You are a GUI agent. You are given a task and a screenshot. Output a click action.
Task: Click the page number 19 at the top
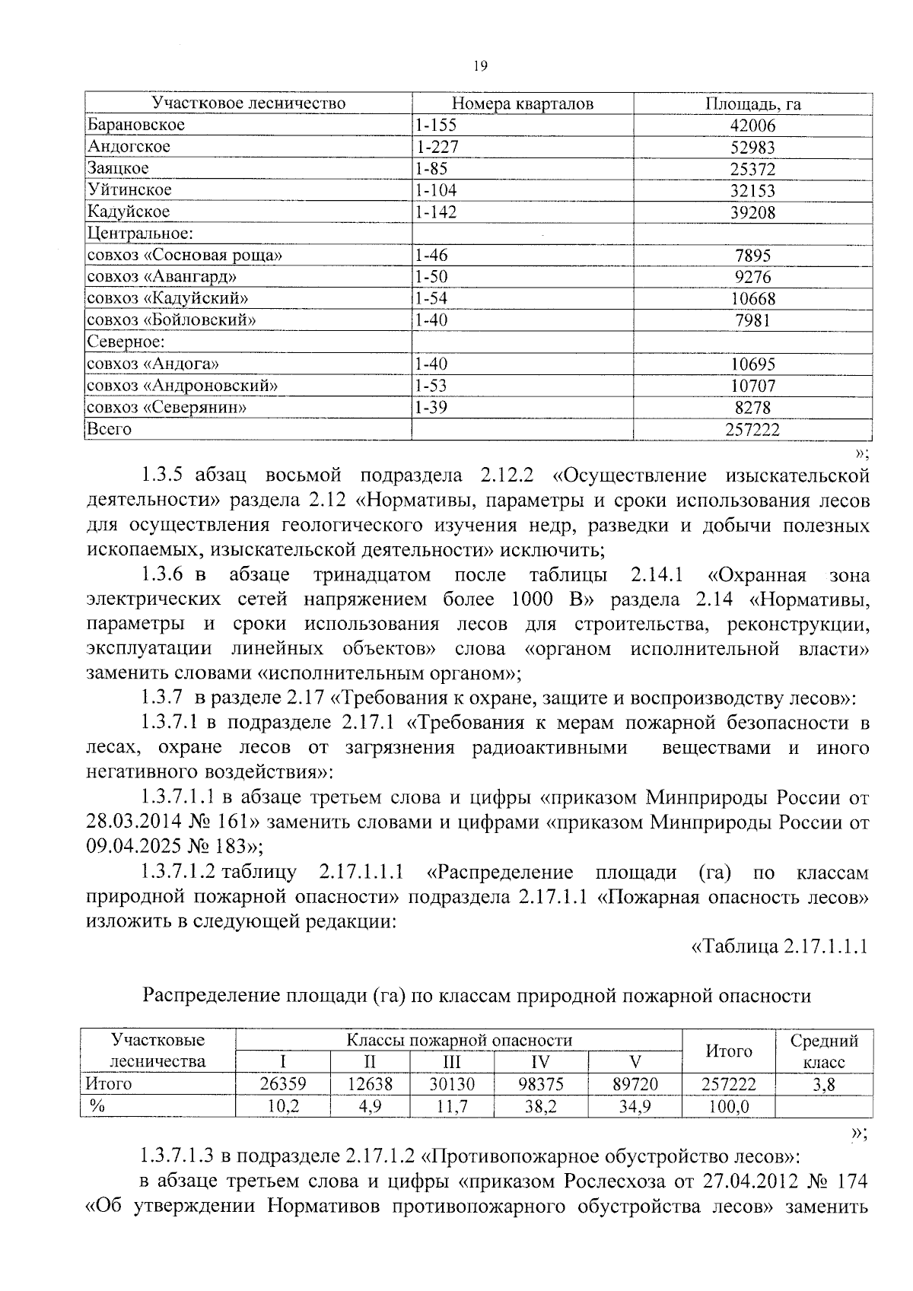pos(479,66)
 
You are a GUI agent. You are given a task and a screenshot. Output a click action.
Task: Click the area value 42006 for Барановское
pos(752,126)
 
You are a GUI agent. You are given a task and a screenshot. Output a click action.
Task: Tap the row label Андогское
pos(129,146)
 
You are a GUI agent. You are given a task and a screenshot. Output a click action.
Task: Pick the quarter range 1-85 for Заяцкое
pos(431,168)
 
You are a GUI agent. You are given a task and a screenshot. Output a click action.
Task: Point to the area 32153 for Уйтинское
pos(752,191)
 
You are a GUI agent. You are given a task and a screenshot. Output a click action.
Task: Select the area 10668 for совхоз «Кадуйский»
pos(752,299)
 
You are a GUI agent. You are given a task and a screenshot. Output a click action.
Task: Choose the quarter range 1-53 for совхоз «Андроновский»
pos(431,386)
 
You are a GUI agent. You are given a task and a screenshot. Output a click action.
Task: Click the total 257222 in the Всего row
pos(752,430)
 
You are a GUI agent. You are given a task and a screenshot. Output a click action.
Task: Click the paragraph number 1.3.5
pos(164,476)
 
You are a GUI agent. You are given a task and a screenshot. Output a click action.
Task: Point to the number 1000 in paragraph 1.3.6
pos(532,599)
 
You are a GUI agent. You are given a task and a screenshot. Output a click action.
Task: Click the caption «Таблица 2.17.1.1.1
pos(779,946)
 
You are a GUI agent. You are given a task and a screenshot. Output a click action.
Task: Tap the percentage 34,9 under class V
pos(634,1106)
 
